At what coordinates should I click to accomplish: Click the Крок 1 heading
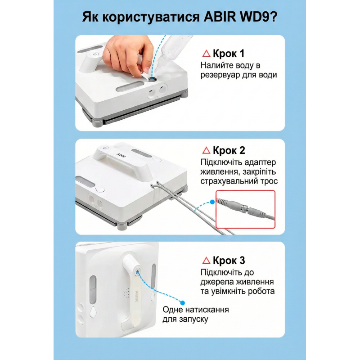point(229,54)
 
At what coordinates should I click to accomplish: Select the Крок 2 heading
point(229,150)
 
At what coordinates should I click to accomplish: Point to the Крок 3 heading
point(229,260)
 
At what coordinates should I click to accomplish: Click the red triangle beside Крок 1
point(207,54)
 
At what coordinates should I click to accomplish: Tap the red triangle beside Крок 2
point(207,150)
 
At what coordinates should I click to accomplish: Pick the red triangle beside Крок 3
point(207,260)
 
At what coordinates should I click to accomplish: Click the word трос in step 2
point(269,181)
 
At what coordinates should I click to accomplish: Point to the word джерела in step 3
point(219,282)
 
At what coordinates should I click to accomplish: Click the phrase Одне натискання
point(195,310)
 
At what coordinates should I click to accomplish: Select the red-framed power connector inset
point(245,210)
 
